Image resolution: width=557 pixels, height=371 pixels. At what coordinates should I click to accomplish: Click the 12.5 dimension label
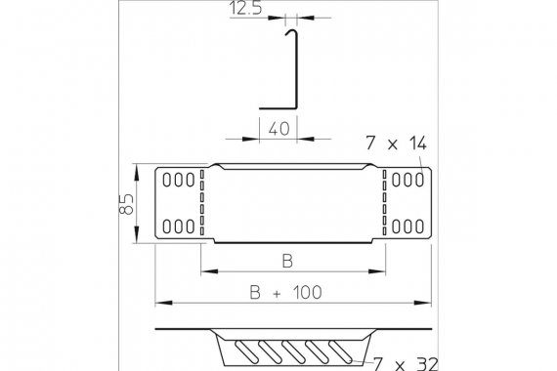pos(246,8)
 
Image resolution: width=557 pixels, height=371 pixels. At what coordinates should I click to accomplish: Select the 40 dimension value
pos(279,129)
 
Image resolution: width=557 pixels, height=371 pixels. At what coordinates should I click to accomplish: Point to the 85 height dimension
pos(126,204)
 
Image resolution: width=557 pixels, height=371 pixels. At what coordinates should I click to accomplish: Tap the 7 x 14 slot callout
pos(396,144)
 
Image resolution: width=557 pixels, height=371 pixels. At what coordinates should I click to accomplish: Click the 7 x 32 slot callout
pos(407,363)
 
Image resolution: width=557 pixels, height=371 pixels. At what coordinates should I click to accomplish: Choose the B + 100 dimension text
pos(286,293)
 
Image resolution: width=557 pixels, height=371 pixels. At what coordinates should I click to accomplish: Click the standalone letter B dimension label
pos(287,261)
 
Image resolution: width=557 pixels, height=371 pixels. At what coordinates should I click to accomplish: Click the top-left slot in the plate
pos(167,180)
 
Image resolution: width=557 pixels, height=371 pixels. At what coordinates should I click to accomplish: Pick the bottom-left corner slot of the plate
pos(167,227)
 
